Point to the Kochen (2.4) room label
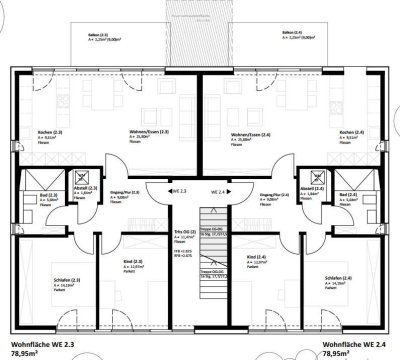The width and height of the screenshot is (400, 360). coord(351,133)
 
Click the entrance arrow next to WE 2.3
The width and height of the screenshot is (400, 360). coord(166,189)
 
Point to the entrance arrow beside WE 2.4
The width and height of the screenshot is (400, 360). coord(236,189)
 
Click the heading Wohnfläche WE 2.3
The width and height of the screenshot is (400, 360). coord(42,343)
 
